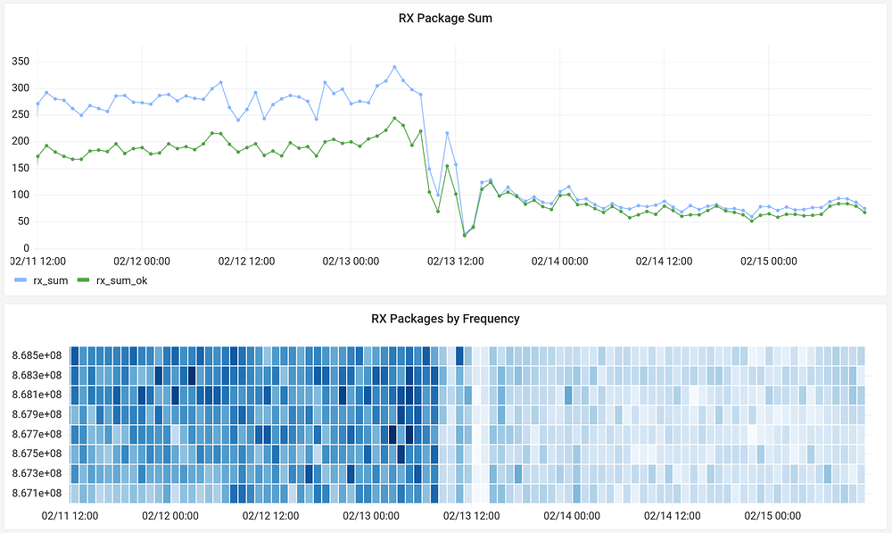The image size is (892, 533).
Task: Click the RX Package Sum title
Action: pyautogui.click(x=445, y=17)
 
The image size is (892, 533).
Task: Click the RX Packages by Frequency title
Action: pyautogui.click(x=445, y=319)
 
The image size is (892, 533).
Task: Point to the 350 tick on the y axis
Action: pyautogui.click(x=21, y=62)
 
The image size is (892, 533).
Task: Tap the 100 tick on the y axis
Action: pyautogui.click(x=21, y=195)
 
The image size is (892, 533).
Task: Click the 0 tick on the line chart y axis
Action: pyautogui.click(x=27, y=248)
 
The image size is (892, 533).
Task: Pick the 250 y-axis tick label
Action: pyautogui.click(x=21, y=115)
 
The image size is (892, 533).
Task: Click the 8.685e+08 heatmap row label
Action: pyautogui.click(x=37, y=355)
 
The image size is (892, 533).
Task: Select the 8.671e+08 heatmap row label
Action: pyautogui.click(x=37, y=493)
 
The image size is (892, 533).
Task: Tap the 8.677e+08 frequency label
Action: pyautogui.click(x=37, y=434)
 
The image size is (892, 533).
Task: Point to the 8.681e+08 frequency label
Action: pyautogui.click(x=37, y=395)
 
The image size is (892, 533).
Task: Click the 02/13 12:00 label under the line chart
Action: pyautogui.click(x=456, y=262)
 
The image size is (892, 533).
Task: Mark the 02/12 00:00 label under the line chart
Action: pyautogui.click(x=142, y=262)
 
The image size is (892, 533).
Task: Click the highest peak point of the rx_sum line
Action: pyautogui.click(x=394, y=67)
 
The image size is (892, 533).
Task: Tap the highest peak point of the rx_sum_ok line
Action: pyautogui.click(x=394, y=118)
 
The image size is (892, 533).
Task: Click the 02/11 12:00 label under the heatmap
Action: pyautogui.click(x=70, y=516)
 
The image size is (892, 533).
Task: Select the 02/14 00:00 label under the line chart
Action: pyautogui.click(x=559, y=262)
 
